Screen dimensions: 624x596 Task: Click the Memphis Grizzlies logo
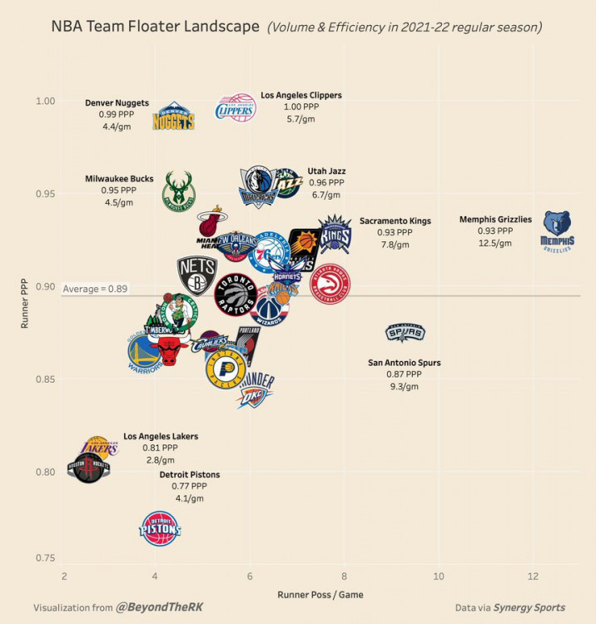pos(557,230)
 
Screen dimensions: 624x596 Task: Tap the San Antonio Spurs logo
pos(405,334)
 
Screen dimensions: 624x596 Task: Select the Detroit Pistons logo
pos(159,528)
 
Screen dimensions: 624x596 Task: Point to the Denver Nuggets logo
pos(173,116)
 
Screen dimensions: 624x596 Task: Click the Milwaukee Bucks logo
pos(178,191)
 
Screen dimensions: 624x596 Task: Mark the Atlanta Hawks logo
pos(330,285)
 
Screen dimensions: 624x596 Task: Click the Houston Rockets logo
pos(88,468)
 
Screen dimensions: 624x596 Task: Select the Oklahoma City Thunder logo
pos(255,390)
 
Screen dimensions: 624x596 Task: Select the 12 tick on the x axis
pos(533,577)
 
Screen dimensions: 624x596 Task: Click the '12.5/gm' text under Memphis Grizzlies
pos(494,243)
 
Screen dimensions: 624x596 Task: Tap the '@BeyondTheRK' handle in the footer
pos(159,608)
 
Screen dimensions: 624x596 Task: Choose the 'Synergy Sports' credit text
pos(529,608)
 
